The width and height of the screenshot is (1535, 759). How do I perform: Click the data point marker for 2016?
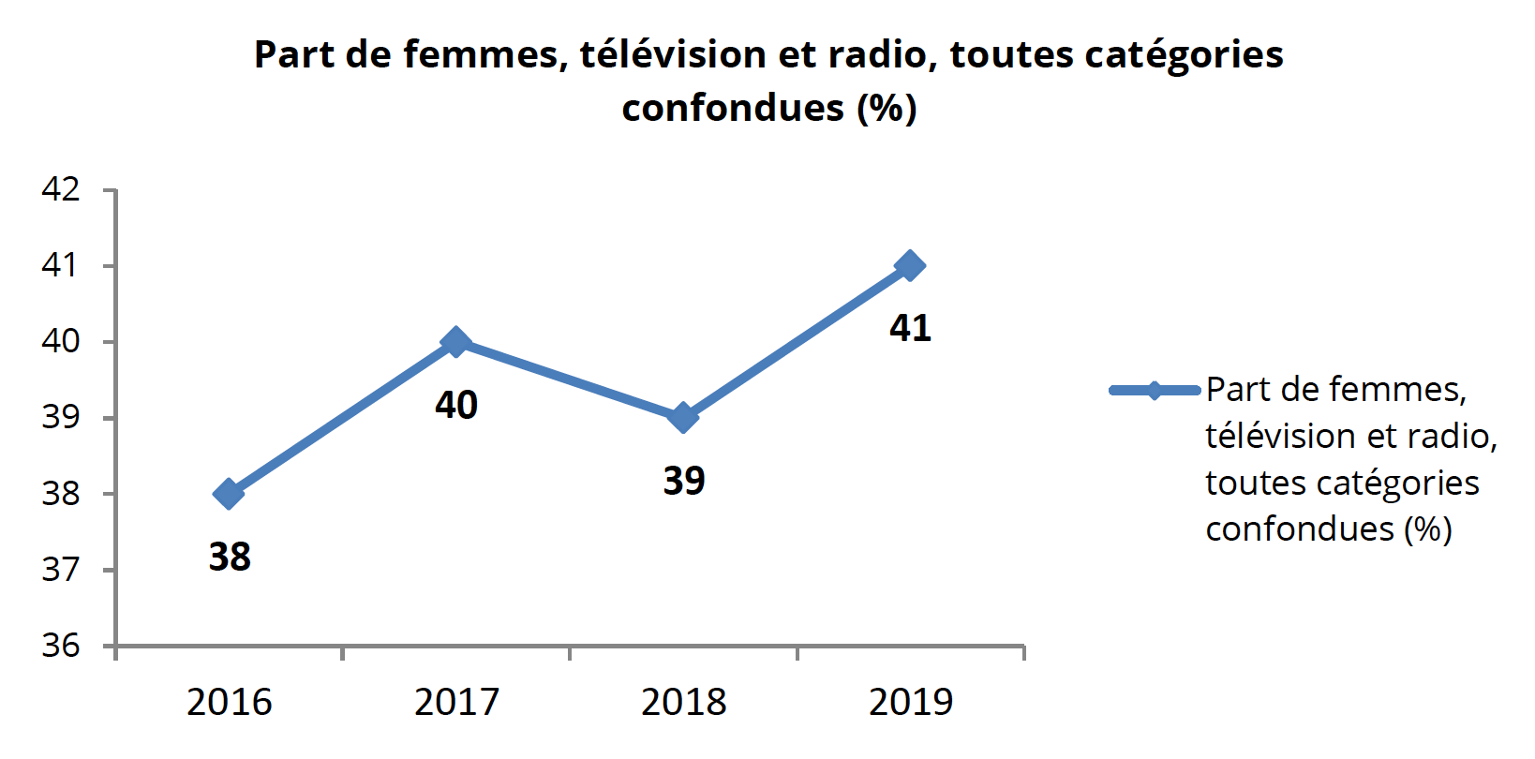click(x=229, y=494)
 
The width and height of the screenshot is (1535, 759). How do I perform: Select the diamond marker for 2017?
click(x=455, y=342)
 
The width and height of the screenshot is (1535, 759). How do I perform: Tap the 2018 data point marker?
click(x=683, y=418)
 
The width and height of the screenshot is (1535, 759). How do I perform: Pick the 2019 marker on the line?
click(x=909, y=266)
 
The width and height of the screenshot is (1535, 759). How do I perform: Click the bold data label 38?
click(x=230, y=557)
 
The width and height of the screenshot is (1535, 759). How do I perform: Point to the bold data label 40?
click(x=456, y=405)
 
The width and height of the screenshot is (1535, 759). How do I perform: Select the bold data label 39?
click(x=684, y=481)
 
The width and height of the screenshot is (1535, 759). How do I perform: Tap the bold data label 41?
click(x=911, y=328)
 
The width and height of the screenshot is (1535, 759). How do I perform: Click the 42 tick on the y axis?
click(x=61, y=189)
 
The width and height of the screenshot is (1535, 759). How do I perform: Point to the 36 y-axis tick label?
click(x=61, y=646)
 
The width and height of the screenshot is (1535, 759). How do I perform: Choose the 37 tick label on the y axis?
click(x=61, y=570)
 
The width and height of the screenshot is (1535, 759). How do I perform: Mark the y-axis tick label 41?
click(x=61, y=265)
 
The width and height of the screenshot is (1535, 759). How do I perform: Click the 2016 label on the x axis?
click(x=230, y=702)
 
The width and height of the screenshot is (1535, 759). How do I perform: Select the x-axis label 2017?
click(x=456, y=702)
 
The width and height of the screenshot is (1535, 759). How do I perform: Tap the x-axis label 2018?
click(x=684, y=702)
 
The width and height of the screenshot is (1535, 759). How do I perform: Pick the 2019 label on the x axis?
click(x=911, y=702)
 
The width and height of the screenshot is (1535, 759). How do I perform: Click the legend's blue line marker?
click(x=1155, y=390)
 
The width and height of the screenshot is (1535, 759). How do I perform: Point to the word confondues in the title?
click(x=733, y=109)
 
